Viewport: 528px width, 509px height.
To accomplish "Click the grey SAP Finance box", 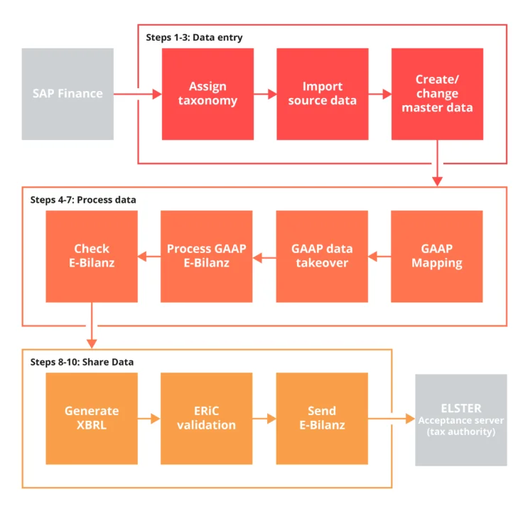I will (68, 94).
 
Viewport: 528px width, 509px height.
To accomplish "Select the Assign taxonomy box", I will (208, 94).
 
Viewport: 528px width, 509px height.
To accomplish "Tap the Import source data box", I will (323, 94).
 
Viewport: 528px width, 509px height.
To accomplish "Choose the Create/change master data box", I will (437, 94).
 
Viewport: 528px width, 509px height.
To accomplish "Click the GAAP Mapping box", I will (437, 256).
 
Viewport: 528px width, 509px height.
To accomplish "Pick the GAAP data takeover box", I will (323, 256).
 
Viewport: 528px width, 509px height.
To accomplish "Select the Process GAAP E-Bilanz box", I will (208, 256).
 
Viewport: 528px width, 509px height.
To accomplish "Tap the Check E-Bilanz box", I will (92, 256).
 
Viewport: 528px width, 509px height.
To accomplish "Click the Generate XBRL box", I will (92, 418).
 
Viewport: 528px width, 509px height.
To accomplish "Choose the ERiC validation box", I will (208, 418).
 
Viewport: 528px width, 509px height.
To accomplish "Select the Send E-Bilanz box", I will (323, 418).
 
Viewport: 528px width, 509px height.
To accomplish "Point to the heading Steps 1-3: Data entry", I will (193, 38).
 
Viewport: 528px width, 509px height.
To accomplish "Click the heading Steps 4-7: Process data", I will (82, 200).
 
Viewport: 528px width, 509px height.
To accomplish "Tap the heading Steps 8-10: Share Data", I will (82, 362).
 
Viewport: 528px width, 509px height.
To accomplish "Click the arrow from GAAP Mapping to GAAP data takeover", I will (379, 256).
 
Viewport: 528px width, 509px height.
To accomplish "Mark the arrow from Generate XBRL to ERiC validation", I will (149, 419).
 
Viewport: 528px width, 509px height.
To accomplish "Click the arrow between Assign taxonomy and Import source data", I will (265, 94).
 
